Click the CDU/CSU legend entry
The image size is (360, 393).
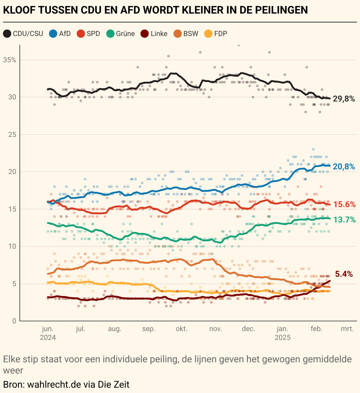pos(24,34)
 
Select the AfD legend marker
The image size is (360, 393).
pos(53,34)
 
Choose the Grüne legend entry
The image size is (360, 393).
pos(121,34)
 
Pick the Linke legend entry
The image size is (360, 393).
pos(154,34)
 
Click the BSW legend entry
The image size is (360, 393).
pos(186,34)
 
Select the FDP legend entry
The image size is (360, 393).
pos(216,34)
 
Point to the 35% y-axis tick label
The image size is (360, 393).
pos(10,60)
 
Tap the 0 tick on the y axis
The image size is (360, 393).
pos(14,321)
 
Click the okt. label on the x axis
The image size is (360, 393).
pos(182,329)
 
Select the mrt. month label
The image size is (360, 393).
pos(347,329)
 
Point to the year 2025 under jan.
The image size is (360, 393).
pos(283,338)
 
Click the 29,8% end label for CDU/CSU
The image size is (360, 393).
pos(344,99)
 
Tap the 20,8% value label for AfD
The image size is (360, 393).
pos(344,167)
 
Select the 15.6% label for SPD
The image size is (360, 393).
pos(344,204)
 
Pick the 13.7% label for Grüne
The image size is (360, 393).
pos(344,220)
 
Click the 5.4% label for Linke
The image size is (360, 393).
pos(344,274)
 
